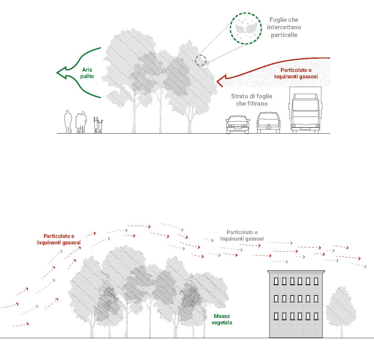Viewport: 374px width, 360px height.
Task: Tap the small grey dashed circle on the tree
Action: (x=201, y=60)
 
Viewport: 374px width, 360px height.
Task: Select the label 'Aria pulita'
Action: (x=87, y=73)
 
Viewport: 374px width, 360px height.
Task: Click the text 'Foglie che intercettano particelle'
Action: (x=284, y=28)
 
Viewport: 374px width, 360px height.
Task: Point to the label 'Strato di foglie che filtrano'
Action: (x=252, y=100)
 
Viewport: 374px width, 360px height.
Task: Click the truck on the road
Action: (x=305, y=110)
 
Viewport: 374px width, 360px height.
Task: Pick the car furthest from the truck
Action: (x=238, y=124)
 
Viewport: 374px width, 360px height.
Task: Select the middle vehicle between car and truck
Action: (x=268, y=122)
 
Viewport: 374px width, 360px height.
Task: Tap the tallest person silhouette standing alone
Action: (x=68, y=122)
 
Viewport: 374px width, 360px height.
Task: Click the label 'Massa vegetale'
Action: (x=222, y=319)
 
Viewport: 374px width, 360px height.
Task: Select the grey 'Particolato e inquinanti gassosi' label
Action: (x=242, y=235)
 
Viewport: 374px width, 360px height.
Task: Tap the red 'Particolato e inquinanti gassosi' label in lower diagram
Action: (x=59, y=240)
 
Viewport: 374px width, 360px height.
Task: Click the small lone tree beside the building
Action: (x=341, y=309)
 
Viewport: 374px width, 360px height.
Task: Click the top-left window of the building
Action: (x=276, y=281)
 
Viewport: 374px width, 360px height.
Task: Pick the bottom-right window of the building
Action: (x=316, y=316)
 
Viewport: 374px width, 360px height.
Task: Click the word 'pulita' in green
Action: (x=87, y=76)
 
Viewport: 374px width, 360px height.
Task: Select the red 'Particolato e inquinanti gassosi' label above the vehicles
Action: (x=296, y=73)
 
